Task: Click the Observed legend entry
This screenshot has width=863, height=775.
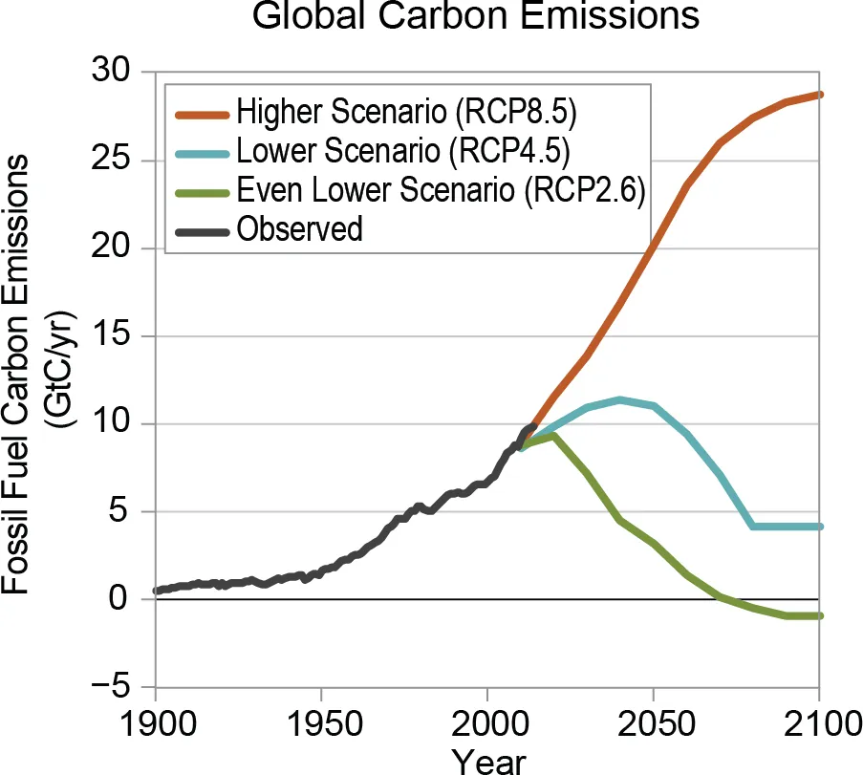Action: click(x=300, y=229)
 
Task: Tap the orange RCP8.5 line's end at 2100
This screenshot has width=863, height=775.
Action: click(x=819, y=95)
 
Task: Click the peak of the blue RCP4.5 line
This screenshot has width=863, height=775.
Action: click(x=620, y=399)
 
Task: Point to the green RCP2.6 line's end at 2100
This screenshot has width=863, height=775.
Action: click(x=819, y=615)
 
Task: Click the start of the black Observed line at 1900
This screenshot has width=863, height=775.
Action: click(x=156, y=591)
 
